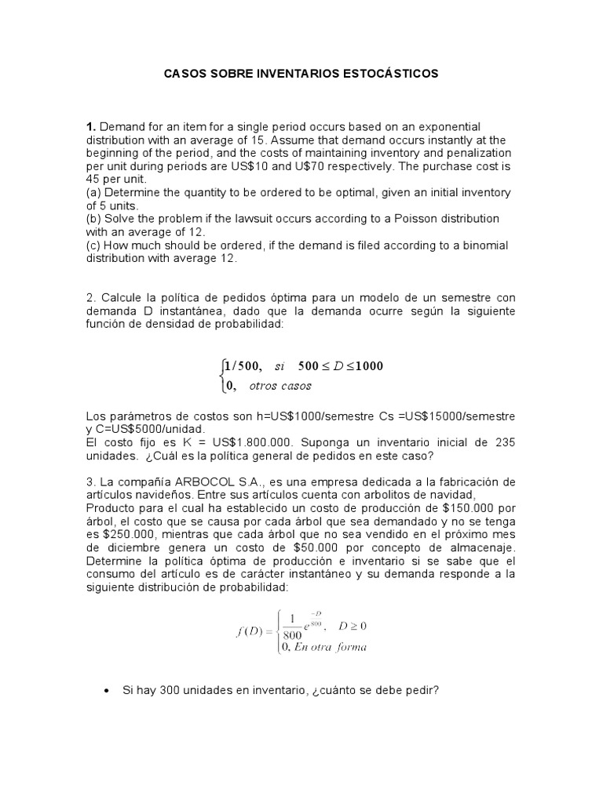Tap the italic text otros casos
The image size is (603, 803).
click(x=280, y=385)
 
